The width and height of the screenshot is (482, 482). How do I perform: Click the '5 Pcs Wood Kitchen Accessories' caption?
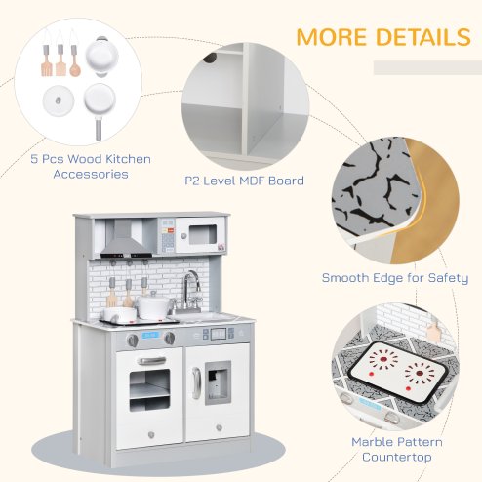[x=76, y=167]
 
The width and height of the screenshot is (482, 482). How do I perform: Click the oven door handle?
[x=151, y=361]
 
